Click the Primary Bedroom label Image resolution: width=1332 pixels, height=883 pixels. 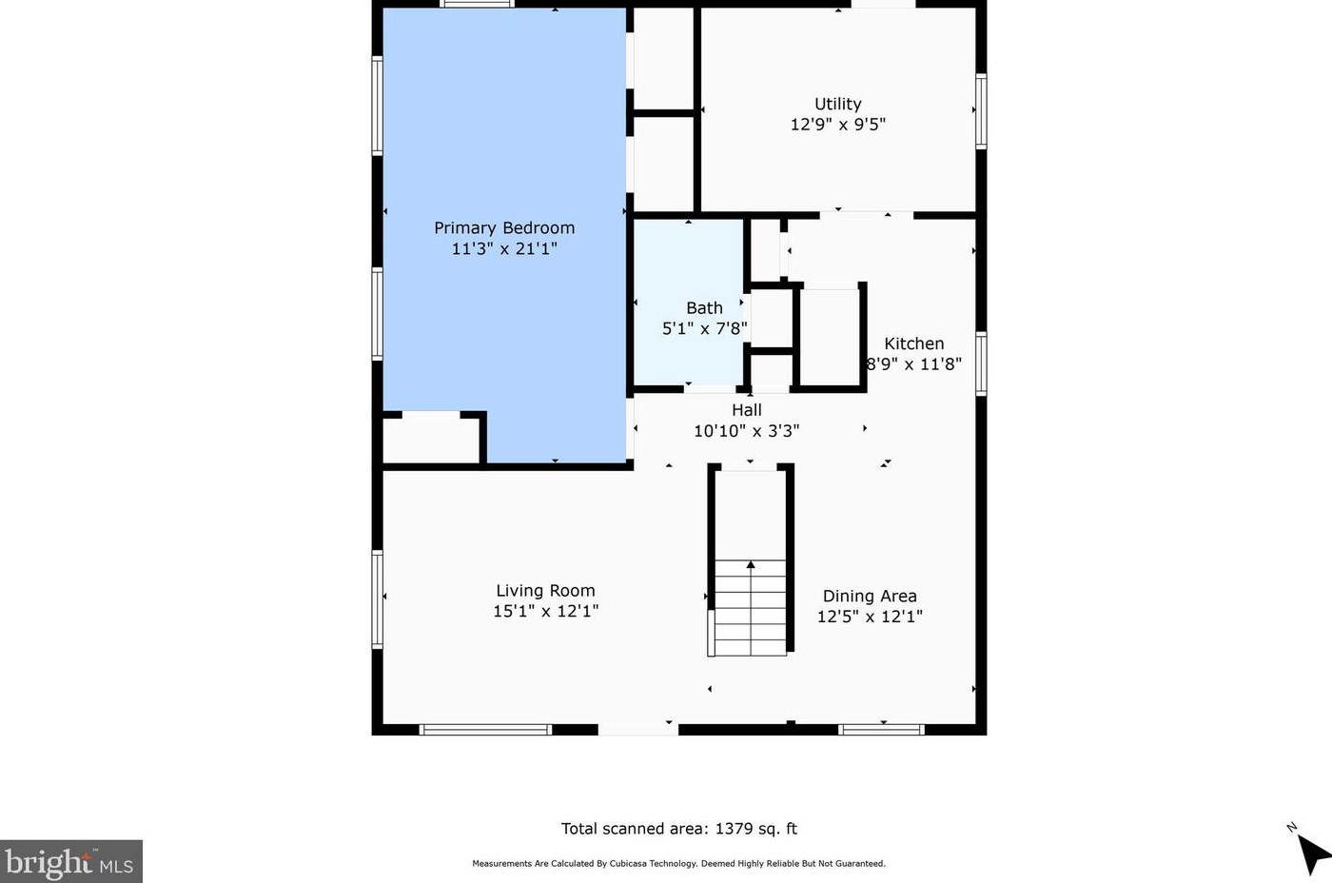tap(504, 227)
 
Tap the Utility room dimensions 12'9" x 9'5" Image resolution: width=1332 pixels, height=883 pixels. tap(838, 125)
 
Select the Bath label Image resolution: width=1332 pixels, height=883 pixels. tap(705, 308)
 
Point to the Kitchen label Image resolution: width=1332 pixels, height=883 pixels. tap(914, 343)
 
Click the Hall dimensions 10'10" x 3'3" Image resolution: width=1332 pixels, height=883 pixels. tap(747, 430)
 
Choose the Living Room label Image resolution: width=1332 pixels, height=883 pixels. tap(545, 591)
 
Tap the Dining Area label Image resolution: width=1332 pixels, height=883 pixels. tap(870, 596)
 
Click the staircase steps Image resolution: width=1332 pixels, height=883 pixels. tap(751, 608)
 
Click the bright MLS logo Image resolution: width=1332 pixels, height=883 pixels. tap(70, 862)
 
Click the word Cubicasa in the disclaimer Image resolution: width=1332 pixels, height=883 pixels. tap(628, 863)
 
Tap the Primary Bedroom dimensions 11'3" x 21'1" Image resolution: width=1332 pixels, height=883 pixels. tap(504, 248)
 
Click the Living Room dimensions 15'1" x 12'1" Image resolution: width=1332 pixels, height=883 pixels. tap(545, 611)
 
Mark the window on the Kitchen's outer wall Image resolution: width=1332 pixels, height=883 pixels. tap(981, 363)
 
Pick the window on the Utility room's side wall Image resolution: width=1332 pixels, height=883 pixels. tap(981, 111)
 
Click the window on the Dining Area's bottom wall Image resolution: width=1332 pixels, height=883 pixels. tap(881, 730)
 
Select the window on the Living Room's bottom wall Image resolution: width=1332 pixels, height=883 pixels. tap(485, 730)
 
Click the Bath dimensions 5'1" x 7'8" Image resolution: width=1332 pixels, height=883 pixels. tap(705, 329)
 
